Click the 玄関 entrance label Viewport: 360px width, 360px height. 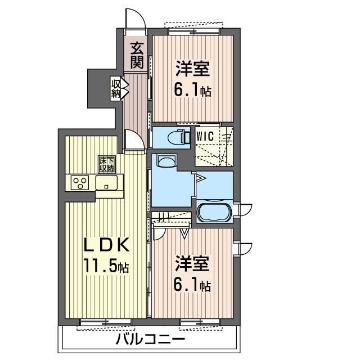(137, 55)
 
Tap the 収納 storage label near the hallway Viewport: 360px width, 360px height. (116, 89)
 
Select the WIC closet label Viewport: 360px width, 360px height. (205, 136)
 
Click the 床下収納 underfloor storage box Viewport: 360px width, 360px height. (106, 164)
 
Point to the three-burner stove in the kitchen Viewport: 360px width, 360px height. (80, 182)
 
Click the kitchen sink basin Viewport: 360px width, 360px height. (106, 182)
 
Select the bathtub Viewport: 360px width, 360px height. (214, 211)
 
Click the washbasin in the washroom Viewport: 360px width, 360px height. (166, 161)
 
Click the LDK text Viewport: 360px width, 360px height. (106, 246)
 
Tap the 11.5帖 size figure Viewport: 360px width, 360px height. (106, 265)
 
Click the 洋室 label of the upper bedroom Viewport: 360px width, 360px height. (192, 68)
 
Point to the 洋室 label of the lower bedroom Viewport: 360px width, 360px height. (192, 263)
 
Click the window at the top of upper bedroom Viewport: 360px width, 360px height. (194, 31)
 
